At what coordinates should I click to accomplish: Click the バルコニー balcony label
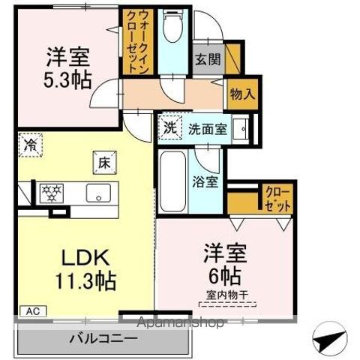point(103,338)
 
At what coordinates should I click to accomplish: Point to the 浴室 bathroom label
point(205,181)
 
